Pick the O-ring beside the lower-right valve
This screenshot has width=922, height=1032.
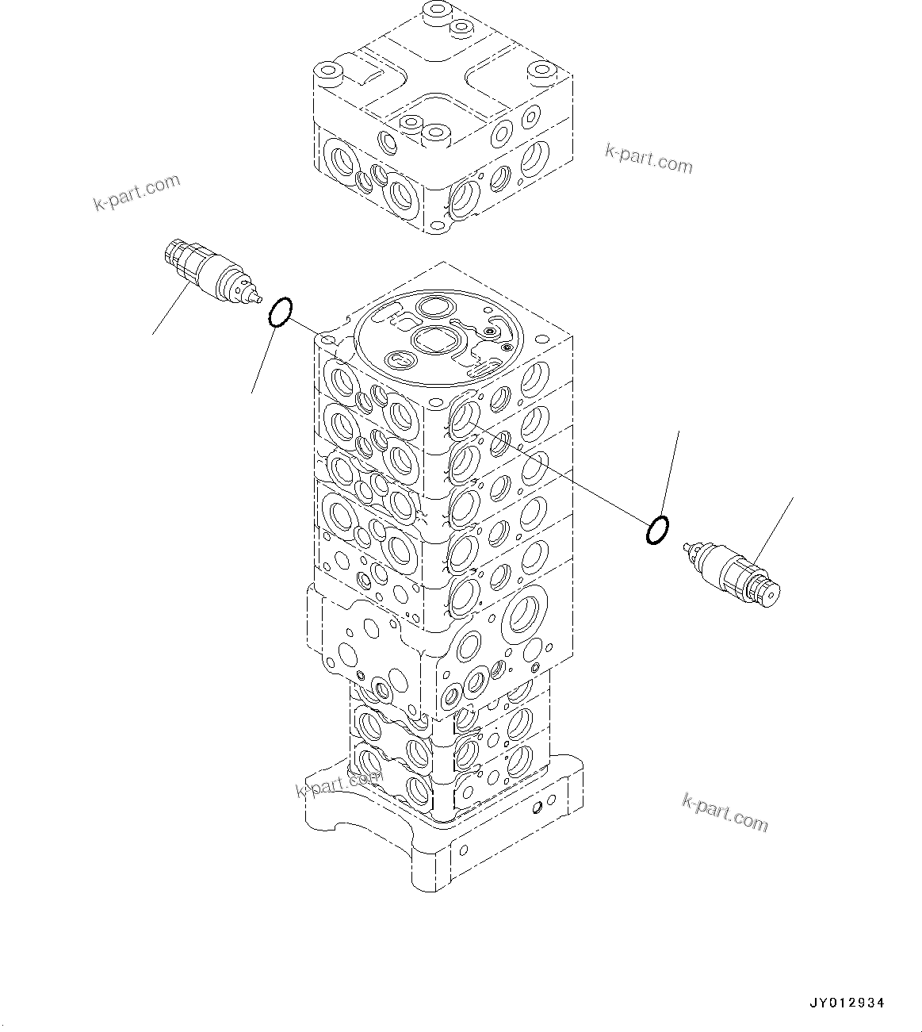click(657, 529)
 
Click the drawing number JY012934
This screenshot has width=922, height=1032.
click(846, 1003)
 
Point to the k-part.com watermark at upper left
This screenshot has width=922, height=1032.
click(137, 194)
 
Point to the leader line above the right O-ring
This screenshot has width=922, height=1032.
click(671, 472)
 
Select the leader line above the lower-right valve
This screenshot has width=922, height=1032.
click(774, 531)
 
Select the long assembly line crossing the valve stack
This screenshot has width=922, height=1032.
click(555, 472)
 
